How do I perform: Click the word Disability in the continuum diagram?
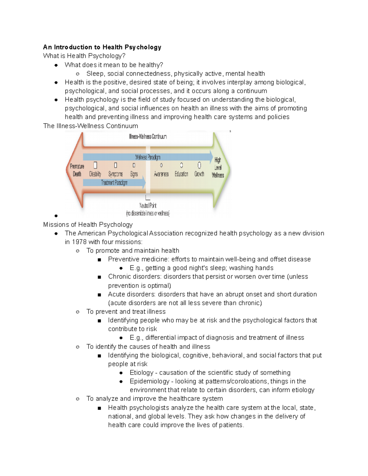pyautogui.click(x=95, y=174)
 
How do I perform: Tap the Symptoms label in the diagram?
pyautogui.click(x=115, y=174)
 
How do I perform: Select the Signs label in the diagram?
pyautogui.click(x=134, y=174)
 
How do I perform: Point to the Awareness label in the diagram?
pyautogui.click(x=161, y=174)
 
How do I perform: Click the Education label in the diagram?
pyautogui.click(x=181, y=174)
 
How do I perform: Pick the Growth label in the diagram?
pyautogui.click(x=199, y=174)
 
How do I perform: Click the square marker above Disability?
pyautogui.click(x=95, y=166)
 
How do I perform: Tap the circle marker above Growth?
pyautogui.click(x=199, y=166)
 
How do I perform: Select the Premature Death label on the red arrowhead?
pyautogui.click(x=77, y=170)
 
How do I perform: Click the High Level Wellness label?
pyautogui.click(x=218, y=167)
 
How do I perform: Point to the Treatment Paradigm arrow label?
pyautogui.click(x=114, y=183)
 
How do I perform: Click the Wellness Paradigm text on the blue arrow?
pyautogui.click(x=148, y=157)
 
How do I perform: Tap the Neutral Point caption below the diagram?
pyautogui.click(x=148, y=206)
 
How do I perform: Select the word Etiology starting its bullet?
pyautogui.click(x=141, y=373)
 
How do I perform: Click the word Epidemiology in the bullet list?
pyautogui.click(x=149, y=381)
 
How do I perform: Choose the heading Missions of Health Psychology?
pyautogui.click(x=88, y=225)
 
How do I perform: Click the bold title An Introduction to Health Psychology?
pyautogui.click(x=102, y=47)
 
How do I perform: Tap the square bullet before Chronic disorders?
pyautogui.click(x=99, y=277)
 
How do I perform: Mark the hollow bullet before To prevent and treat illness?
pyautogui.click(x=78, y=312)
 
